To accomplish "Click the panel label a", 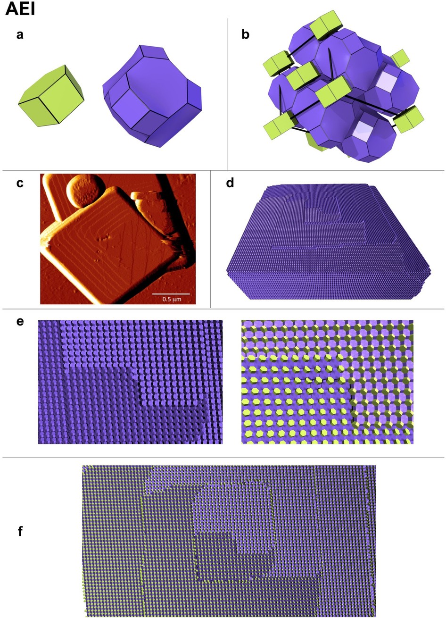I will coord(19,34).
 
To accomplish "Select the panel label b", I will coord(245,35).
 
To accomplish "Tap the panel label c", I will coord(19,183).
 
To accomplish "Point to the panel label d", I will coord(230,183).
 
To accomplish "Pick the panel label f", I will coord(20,531).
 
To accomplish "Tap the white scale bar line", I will coord(170,293).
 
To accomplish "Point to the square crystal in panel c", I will coord(113,241).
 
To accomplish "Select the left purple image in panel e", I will coord(130,382).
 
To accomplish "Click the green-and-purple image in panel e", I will coord(327,382).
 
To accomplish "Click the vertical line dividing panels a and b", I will coord(227,94).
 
